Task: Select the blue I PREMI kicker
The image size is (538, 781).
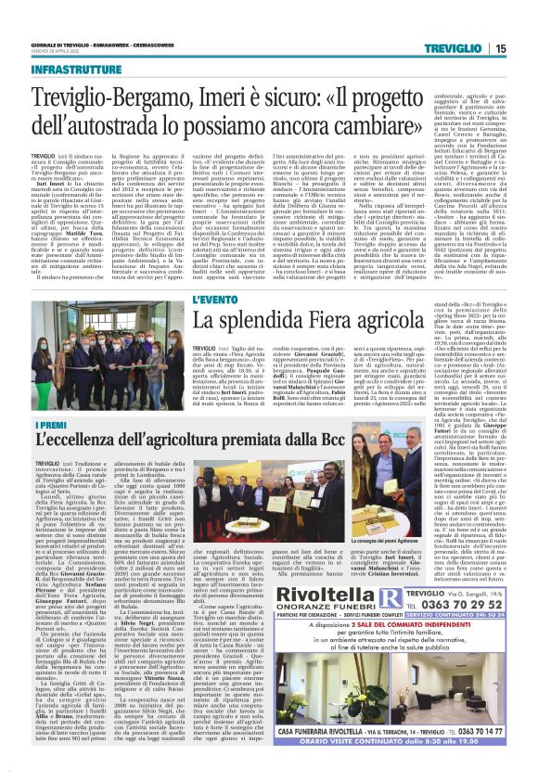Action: pyautogui.click(x=47, y=425)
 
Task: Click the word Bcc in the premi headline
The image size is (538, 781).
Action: pyautogui.click(x=314, y=443)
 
